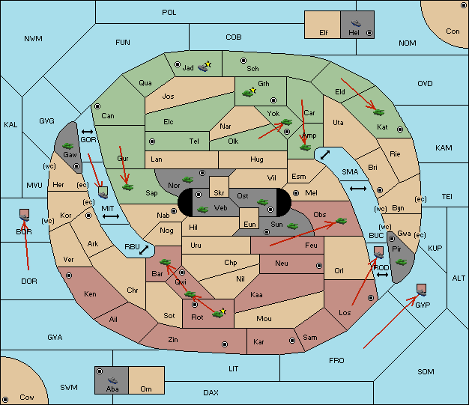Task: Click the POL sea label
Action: (x=169, y=13)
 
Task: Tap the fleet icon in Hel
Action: (x=356, y=23)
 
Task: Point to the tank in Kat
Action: (x=378, y=112)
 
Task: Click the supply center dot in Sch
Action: (x=243, y=61)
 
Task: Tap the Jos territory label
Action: (x=168, y=97)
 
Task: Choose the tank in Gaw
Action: (x=68, y=146)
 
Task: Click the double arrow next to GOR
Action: (x=88, y=132)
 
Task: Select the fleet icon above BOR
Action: (x=25, y=215)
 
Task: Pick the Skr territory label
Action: (x=219, y=193)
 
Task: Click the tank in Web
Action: (x=203, y=210)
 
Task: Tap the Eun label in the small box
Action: (x=249, y=224)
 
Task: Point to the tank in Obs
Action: (x=341, y=221)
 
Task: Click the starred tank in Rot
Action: (x=220, y=313)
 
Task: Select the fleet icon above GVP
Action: (x=422, y=290)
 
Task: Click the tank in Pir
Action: (x=401, y=262)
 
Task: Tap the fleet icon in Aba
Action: (x=113, y=380)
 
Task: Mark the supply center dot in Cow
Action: (x=5, y=400)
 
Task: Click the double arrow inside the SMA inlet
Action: (x=325, y=155)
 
